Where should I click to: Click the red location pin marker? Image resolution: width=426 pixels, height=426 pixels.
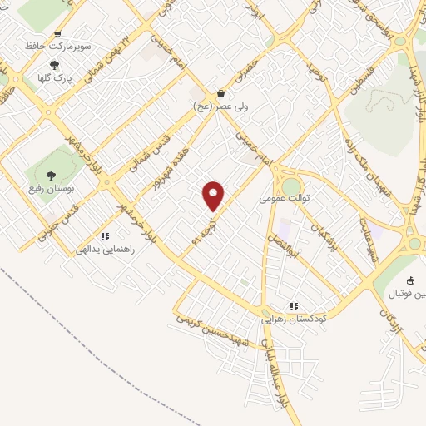(214, 196)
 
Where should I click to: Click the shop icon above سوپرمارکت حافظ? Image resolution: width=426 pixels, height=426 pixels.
(57, 34)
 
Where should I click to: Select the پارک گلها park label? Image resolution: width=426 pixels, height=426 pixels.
(55, 77)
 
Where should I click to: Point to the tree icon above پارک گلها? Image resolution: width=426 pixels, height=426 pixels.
(55, 65)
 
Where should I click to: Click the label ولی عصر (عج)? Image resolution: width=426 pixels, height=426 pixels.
(219, 106)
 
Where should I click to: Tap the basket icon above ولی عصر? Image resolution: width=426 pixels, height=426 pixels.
(219, 94)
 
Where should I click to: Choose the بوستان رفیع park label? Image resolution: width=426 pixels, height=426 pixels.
(52, 188)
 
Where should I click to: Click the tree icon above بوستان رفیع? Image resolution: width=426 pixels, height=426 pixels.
(52, 176)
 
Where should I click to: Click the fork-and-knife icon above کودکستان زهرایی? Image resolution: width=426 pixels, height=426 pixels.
(294, 306)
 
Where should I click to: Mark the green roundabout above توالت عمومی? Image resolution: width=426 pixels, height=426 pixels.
(291, 185)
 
